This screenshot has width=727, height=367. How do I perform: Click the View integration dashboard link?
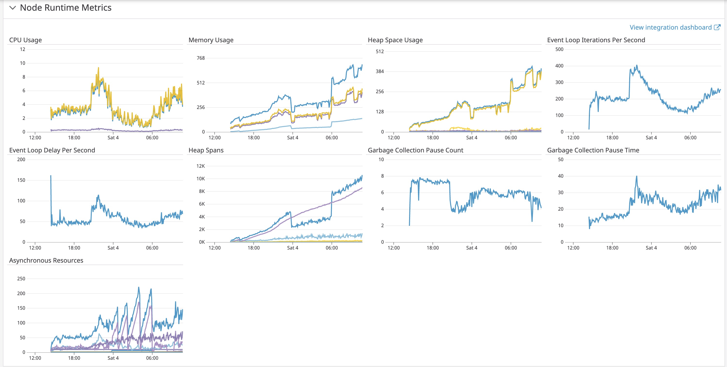coord(670,27)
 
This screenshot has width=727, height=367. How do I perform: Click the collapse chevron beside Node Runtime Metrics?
coord(12,8)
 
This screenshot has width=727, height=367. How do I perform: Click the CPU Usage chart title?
coord(25,40)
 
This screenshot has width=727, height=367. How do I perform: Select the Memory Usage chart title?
coord(211,40)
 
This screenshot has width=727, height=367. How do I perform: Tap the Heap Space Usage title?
coord(395,40)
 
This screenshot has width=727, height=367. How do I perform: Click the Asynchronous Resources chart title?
coord(46,260)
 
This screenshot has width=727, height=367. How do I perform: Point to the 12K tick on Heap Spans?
coord(201,166)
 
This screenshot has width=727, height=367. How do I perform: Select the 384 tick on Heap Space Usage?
coord(380,71)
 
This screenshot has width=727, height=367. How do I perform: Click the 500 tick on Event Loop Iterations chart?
coord(559,50)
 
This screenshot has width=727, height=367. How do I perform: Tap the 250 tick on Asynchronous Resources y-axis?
coord(21,279)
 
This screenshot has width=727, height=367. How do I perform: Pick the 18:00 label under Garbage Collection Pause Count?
coord(433,248)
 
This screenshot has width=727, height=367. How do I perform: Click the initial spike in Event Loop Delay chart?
coord(51,176)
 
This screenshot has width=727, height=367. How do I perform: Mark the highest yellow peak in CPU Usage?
coord(99,68)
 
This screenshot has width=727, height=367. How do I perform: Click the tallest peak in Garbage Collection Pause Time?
coord(636,177)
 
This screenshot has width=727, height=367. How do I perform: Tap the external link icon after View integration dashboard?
coord(717,27)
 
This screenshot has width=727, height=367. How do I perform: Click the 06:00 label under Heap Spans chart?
coord(332,248)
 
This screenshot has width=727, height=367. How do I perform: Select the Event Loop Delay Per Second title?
coord(52,150)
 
